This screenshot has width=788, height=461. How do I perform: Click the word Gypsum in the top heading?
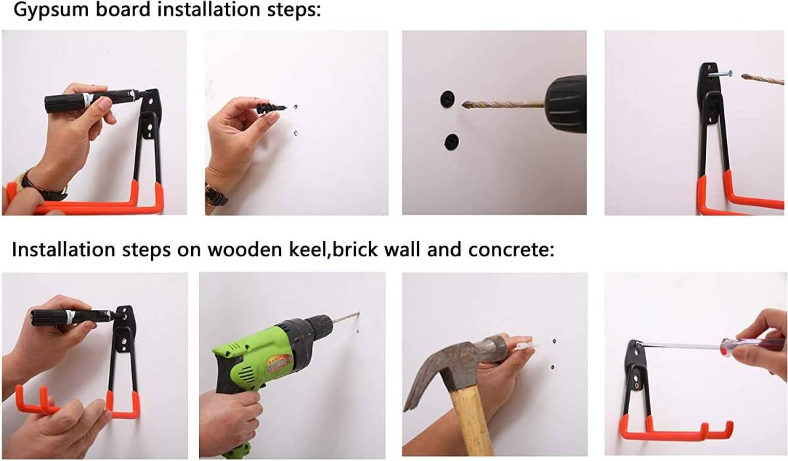point(52,10)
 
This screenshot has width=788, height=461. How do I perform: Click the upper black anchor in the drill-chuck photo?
point(447,99)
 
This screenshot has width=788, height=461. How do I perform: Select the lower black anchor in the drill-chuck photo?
point(451,141)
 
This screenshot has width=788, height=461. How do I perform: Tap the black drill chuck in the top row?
point(565,104)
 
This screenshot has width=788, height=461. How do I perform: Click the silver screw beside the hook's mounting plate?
point(720,74)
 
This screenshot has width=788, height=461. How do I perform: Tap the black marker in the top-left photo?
point(93,100)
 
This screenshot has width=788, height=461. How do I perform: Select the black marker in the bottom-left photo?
point(73,318)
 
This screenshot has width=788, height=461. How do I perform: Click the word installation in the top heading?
point(208,10)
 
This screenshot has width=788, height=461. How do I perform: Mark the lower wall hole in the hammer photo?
point(552,367)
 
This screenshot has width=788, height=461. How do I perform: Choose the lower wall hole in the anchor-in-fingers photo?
point(295,133)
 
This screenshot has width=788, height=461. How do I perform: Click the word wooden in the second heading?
point(245,249)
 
